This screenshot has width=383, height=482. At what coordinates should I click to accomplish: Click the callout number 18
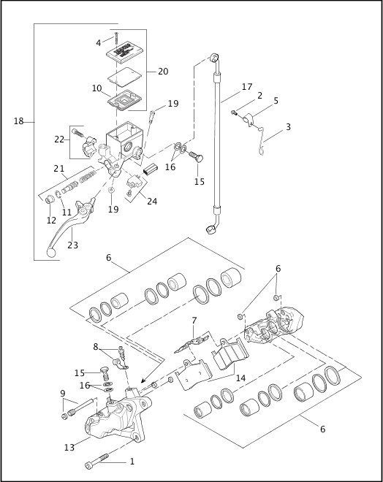coord(19,121)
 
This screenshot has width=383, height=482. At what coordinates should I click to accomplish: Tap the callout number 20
coord(162,71)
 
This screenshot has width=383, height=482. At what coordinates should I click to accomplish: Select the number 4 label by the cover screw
coord(99,43)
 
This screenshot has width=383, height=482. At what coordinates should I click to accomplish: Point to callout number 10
coord(96,88)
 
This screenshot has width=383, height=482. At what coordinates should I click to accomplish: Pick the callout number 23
coord(73,246)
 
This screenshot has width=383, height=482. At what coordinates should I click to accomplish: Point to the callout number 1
coord(132,462)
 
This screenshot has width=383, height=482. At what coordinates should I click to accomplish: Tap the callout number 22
coord(59,139)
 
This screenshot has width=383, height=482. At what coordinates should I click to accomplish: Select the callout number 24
coord(151,201)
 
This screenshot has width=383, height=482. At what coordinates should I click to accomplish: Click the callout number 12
coord(50,221)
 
